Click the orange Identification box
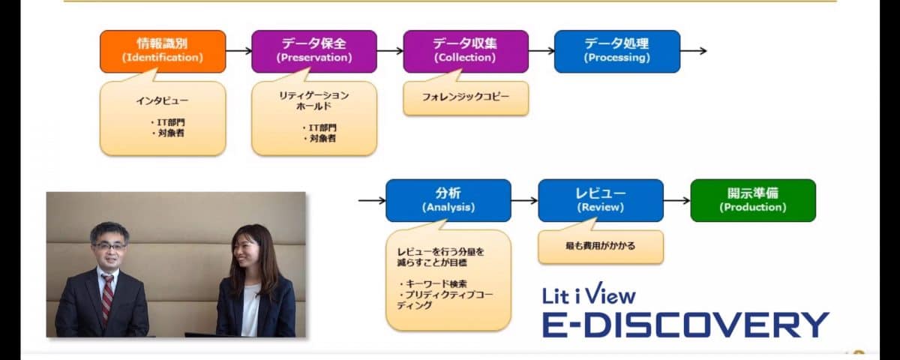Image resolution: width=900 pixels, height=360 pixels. pos(163,52)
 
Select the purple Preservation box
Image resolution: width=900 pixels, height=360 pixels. pos(314,52)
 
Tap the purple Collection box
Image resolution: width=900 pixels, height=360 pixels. pos(466,52)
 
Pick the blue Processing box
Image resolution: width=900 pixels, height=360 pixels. pos(617,52)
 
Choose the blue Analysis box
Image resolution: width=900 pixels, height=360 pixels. pos(448,200)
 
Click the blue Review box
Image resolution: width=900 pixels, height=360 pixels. pos(601,200)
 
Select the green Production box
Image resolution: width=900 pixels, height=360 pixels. pos(753,200)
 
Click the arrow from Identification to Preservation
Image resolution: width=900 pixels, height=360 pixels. pos(238,51)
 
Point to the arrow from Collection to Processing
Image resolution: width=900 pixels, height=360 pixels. pos(541,51)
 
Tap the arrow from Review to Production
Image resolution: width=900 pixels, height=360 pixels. pos(677,200)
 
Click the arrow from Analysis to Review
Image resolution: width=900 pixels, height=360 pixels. pos(525,200)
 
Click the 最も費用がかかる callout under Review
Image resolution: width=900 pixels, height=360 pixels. pos(601,245)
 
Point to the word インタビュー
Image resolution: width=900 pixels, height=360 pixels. pos(162,100)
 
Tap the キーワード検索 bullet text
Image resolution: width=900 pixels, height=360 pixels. pos(433,284)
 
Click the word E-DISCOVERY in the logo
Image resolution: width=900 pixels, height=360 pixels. pos(685,324)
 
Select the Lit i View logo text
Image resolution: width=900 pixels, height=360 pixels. pos(589,294)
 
